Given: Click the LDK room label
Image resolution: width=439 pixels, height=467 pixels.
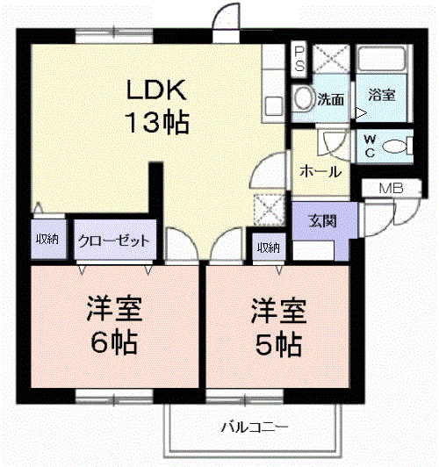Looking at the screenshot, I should [x=156, y=90].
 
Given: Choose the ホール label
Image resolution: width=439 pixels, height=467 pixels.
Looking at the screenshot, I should [x=320, y=171].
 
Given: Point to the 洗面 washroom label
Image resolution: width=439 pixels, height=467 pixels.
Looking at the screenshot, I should [x=331, y=98].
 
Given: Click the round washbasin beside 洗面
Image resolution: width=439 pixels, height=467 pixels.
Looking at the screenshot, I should [x=304, y=98].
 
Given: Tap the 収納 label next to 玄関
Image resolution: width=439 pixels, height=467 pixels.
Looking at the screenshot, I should [x=269, y=247].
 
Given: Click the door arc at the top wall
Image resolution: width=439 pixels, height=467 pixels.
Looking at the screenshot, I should [x=227, y=17].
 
